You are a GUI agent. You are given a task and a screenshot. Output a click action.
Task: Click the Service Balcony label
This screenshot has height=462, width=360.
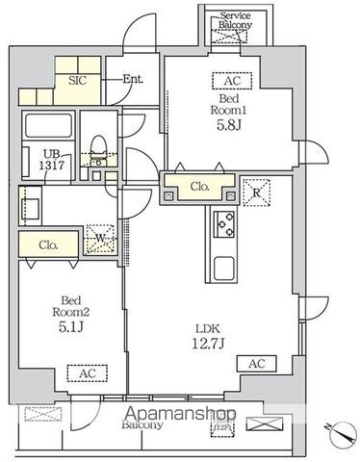(x=234, y=22)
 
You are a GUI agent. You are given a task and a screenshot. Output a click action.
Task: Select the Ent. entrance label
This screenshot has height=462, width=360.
(x=132, y=80)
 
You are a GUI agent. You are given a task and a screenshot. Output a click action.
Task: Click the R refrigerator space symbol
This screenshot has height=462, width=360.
(x=256, y=191)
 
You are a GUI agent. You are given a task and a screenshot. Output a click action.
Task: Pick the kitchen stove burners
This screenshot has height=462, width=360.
(x=224, y=224)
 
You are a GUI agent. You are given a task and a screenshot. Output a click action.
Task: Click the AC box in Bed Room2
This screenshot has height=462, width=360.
(x=80, y=372)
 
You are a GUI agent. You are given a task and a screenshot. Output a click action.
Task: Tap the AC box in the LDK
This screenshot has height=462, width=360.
(x=256, y=364)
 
